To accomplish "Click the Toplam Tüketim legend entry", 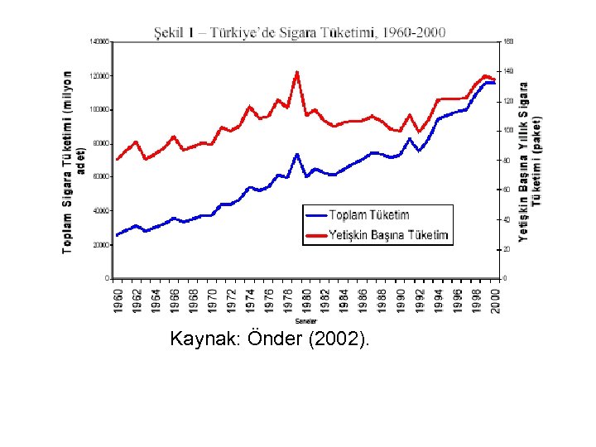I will click(368, 215).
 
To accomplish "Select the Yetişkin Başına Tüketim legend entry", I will click(387, 235).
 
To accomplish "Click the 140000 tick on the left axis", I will click(100, 41).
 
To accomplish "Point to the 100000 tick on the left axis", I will click(100, 109).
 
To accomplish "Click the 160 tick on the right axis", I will click(508, 41).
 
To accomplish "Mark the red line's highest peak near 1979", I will click(296, 72).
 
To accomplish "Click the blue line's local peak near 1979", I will click(296, 154).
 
